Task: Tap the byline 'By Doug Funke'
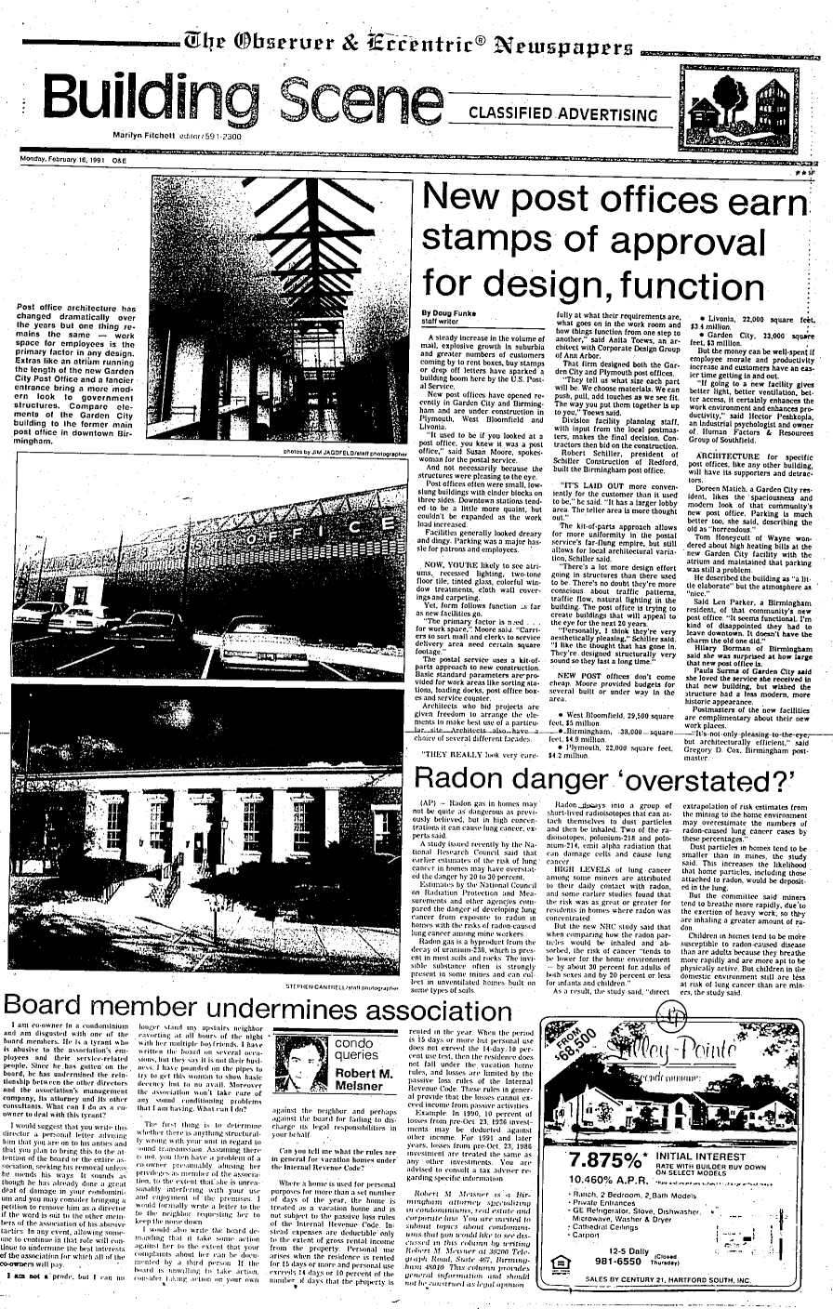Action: pyautogui.click(x=449, y=313)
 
